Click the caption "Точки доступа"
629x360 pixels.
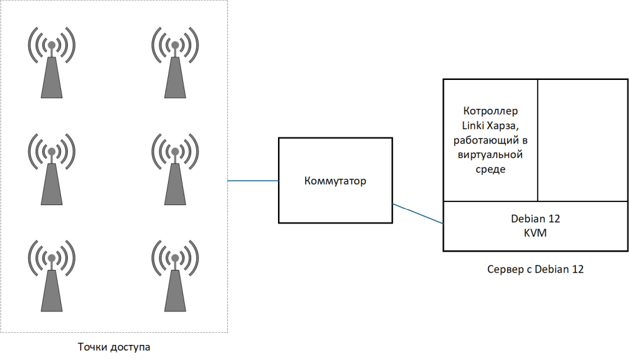pyautogui.click(x=114, y=347)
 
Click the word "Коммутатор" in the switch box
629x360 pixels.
pyautogui.click(x=335, y=181)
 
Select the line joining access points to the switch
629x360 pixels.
pyautogui.click(x=253, y=181)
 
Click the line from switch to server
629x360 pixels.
pyautogui.click(x=418, y=213)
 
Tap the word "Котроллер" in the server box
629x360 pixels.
pyautogui.click(x=490, y=111)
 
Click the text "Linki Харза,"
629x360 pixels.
pyautogui.click(x=490, y=126)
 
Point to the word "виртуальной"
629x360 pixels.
pyautogui.click(x=490, y=155)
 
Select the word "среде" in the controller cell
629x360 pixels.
pyautogui.click(x=490, y=169)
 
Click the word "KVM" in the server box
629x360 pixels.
pyautogui.click(x=535, y=233)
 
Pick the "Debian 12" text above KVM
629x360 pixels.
pyautogui.click(x=535, y=219)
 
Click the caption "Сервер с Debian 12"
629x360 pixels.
pyautogui.click(x=535, y=269)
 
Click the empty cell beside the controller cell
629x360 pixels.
pyautogui.click(x=582, y=140)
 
